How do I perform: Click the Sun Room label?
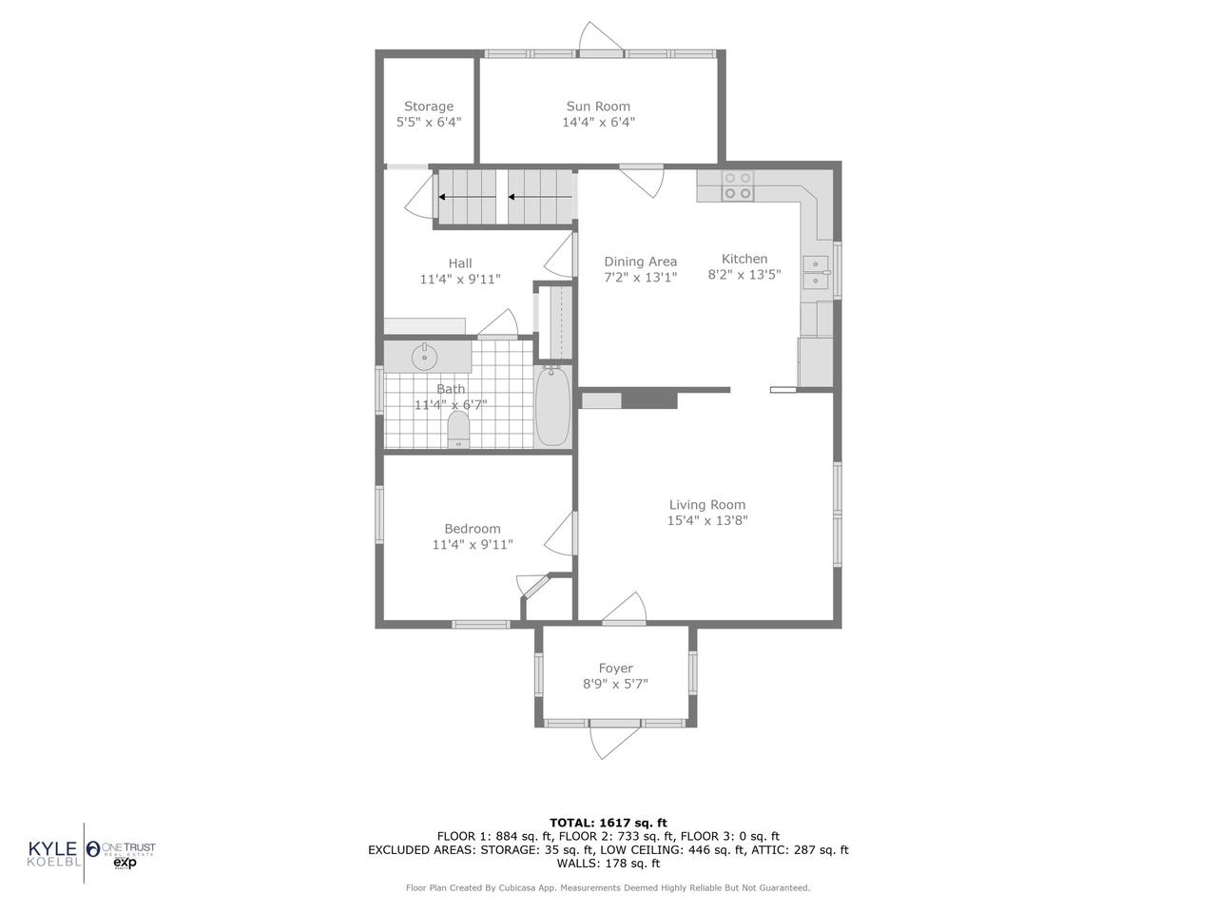tap(598, 107)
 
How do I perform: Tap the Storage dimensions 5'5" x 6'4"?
tap(428, 123)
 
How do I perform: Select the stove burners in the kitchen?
tap(737, 185)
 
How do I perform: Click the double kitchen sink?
tap(815, 273)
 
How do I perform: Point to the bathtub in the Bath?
tap(552, 407)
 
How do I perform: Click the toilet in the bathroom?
tap(458, 429)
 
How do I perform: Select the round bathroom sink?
tap(424, 358)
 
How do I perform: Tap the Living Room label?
tap(706, 505)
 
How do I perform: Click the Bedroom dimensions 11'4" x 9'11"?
tap(473, 545)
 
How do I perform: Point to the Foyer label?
tap(615, 669)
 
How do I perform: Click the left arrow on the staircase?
tap(466, 198)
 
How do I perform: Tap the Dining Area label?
tap(640, 262)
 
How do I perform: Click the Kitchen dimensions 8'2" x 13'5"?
tap(744, 275)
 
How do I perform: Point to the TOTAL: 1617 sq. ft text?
tap(608, 823)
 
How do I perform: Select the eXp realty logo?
tap(126, 862)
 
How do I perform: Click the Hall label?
tap(459, 263)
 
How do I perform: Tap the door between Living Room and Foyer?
tap(624, 609)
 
